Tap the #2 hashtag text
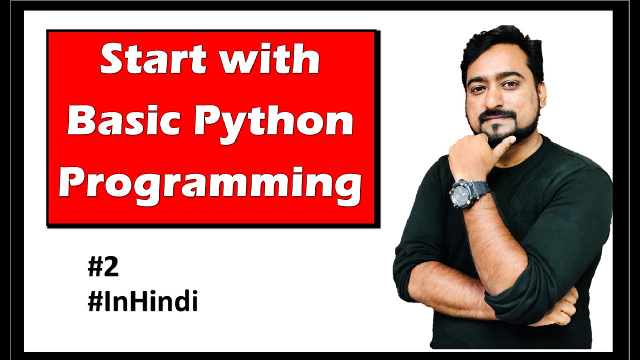[x=103, y=268]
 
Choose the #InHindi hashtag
[x=142, y=302]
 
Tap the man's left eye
[x=511, y=85]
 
